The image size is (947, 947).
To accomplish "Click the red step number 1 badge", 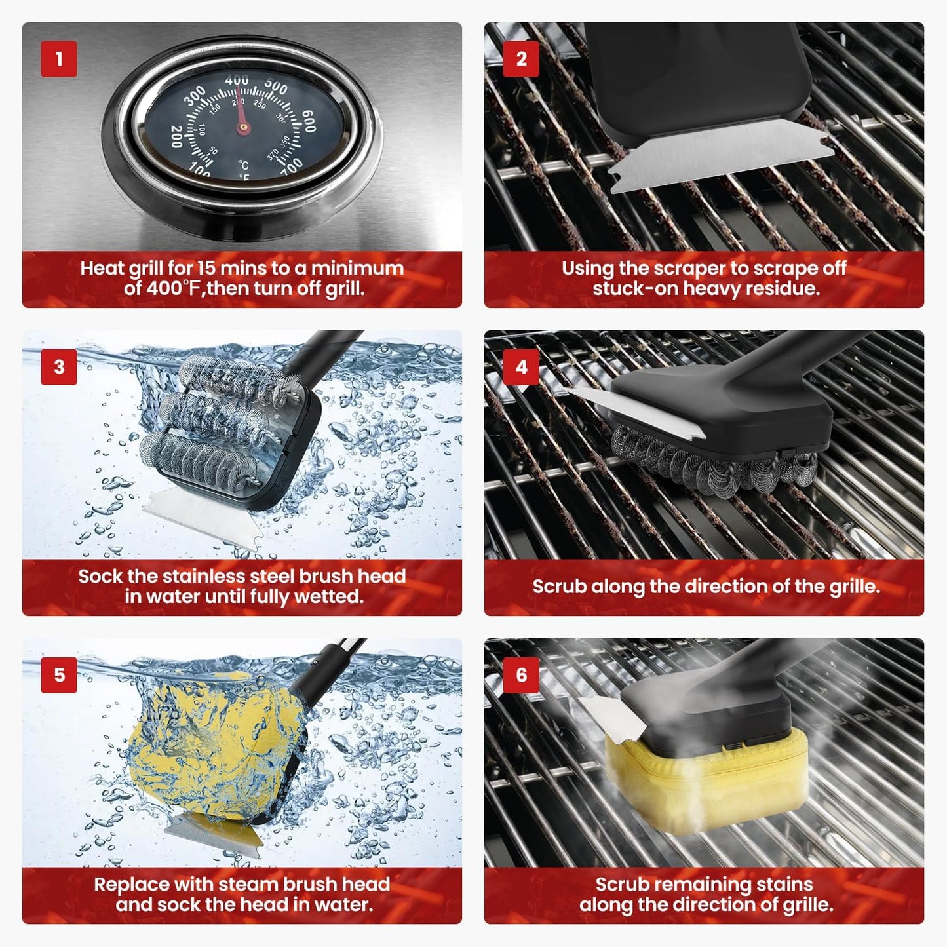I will [x=59, y=59].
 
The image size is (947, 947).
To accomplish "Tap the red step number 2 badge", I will [x=521, y=59].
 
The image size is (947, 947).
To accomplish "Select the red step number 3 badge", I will [x=59, y=366].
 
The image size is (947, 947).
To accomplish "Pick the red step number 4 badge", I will [x=521, y=366].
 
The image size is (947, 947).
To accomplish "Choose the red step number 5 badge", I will [x=59, y=674].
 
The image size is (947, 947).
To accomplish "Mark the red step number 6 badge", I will [x=521, y=674].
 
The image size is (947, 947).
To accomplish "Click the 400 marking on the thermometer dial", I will [x=237, y=81].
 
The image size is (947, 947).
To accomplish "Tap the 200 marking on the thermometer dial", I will [x=176, y=136].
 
